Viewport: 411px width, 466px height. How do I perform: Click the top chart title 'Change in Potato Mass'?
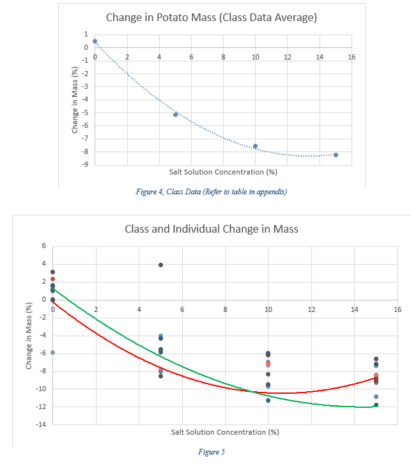(211, 17)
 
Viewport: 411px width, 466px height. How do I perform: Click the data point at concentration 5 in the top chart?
(175, 114)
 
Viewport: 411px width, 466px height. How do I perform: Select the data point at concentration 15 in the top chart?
(336, 155)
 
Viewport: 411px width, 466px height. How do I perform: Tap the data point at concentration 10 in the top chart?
(255, 146)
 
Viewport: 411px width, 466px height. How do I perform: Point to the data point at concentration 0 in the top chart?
(95, 41)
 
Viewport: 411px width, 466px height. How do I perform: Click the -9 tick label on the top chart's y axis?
(84, 165)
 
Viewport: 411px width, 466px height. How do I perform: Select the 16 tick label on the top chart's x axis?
(351, 57)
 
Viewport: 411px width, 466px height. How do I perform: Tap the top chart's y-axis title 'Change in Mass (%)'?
(75, 102)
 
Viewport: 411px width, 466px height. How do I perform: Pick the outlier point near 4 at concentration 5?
(160, 265)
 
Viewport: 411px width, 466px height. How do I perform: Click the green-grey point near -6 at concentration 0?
(53, 352)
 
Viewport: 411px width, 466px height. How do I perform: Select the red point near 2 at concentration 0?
(53, 279)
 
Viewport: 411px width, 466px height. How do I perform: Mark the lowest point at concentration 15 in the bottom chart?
(376, 405)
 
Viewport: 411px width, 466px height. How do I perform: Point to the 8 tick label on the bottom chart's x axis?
(225, 309)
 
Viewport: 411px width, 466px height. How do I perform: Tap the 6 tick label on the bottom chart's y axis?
(43, 246)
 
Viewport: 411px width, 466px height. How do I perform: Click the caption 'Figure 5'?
(212, 452)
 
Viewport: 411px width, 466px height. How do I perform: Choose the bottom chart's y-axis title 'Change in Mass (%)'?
(29, 336)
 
